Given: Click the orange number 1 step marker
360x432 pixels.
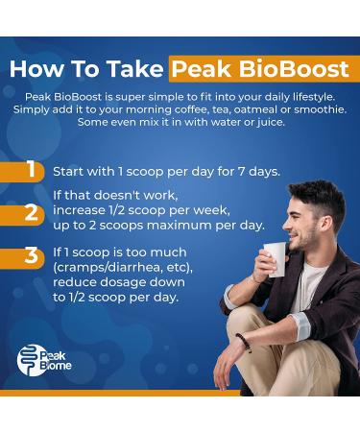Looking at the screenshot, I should click(x=31, y=171).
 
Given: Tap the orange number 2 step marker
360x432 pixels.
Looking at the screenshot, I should click(x=31, y=212).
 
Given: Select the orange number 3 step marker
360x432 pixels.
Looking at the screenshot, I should click(x=31, y=257).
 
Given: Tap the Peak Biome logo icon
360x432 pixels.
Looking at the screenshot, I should click(x=30, y=359).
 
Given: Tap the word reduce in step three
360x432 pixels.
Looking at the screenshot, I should click(x=76, y=283).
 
